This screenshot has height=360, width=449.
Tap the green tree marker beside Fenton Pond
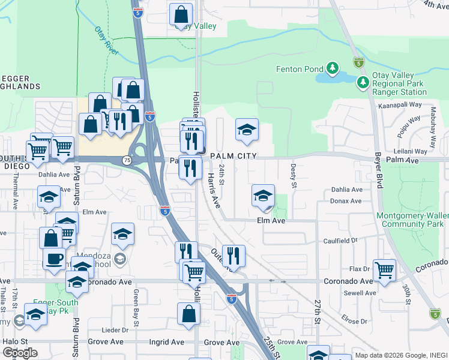332,69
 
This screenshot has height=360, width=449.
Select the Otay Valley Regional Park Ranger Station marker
363,82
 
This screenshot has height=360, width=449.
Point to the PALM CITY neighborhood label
234,156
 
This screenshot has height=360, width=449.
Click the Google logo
20,352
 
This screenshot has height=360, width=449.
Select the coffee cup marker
54,259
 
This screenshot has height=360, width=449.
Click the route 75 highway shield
127,160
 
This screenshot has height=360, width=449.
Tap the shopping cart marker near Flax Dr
384,270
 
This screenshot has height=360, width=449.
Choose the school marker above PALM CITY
247,130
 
